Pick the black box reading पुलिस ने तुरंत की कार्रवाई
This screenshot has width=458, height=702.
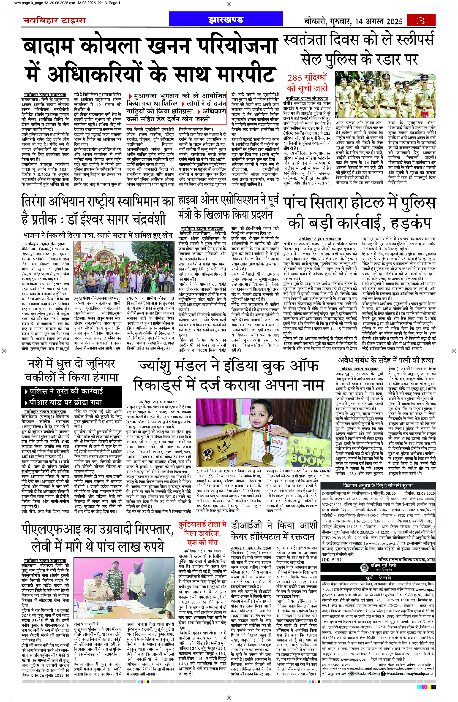(x=71, y=391)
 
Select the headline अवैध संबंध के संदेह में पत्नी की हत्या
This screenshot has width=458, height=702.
(x=386, y=360)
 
